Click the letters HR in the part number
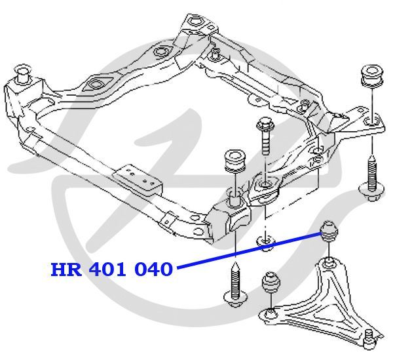pos(66,270)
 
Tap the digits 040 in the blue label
pos(154,270)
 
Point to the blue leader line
pos(250,250)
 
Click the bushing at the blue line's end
pos(329,231)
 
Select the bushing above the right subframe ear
pos(372,75)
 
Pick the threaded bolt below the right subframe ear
pos(371,178)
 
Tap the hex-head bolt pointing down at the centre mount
pos(265,136)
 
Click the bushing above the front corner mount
pos(234,160)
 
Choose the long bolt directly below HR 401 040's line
pos(236,284)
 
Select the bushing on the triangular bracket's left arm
pos(271,283)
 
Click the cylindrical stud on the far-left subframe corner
pos(23,73)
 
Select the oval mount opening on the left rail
pos(96,84)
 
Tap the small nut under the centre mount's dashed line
pos(265,241)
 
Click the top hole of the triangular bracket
pos(329,264)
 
